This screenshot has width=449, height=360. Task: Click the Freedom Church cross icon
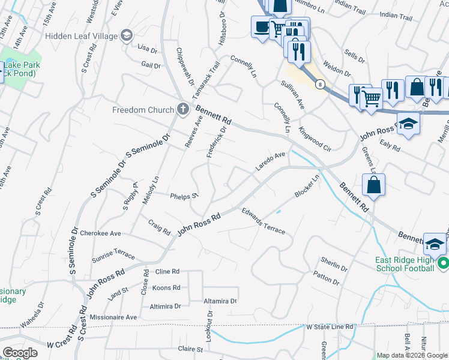click(x=183, y=109)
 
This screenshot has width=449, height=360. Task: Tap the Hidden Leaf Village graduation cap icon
click(x=127, y=36)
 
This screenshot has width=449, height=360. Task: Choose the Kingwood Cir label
click(x=315, y=138)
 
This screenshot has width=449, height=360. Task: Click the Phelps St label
click(x=184, y=196)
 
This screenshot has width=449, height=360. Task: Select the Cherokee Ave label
click(x=100, y=233)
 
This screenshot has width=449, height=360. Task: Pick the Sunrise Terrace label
click(x=113, y=255)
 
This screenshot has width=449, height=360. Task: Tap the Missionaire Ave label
click(x=113, y=317)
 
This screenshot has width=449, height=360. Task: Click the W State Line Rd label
click(x=330, y=327)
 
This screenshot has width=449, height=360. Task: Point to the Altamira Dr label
click(x=220, y=301)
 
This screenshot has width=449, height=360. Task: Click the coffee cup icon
click(x=262, y=27)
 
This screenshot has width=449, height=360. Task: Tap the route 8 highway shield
click(x=322, y=84)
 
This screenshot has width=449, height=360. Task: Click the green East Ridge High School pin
click(x=443, y=263)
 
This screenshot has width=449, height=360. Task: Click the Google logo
click(x=20, y=353)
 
